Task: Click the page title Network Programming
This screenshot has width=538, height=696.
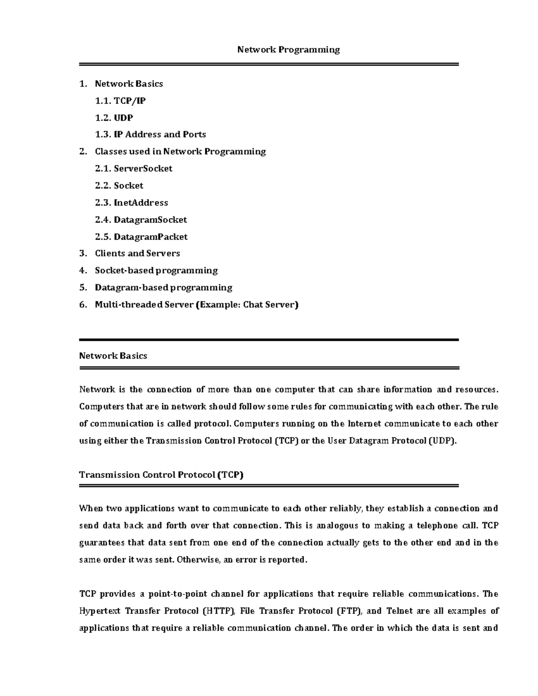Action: (x=288, y=50)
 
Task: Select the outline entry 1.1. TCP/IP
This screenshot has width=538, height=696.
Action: (x=120, y=101)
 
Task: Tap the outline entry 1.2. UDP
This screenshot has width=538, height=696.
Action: (x=114, y=118)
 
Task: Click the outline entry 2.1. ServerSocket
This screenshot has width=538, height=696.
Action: (x=134, y=169)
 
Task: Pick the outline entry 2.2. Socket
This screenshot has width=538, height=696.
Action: (x=119, y=186)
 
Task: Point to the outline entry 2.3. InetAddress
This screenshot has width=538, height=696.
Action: (x=131, y=203)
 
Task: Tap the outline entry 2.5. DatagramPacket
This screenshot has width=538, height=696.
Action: (x=141, y=237)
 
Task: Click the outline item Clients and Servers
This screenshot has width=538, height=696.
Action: (x=137, y=253)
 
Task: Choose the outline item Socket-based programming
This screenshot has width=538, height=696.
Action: (x=156, y=270)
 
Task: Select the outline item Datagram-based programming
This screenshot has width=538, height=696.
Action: (x=163, y=287)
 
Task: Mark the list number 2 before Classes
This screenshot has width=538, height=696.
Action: (x=82, y=151)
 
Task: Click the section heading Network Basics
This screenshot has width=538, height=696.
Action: (x=113, y=356)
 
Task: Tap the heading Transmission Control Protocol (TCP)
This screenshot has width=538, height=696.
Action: (x=161, y=475)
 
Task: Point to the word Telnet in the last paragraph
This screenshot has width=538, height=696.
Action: (x=399, y=611)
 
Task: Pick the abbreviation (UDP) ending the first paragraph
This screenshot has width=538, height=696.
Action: (x=443, y=441)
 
